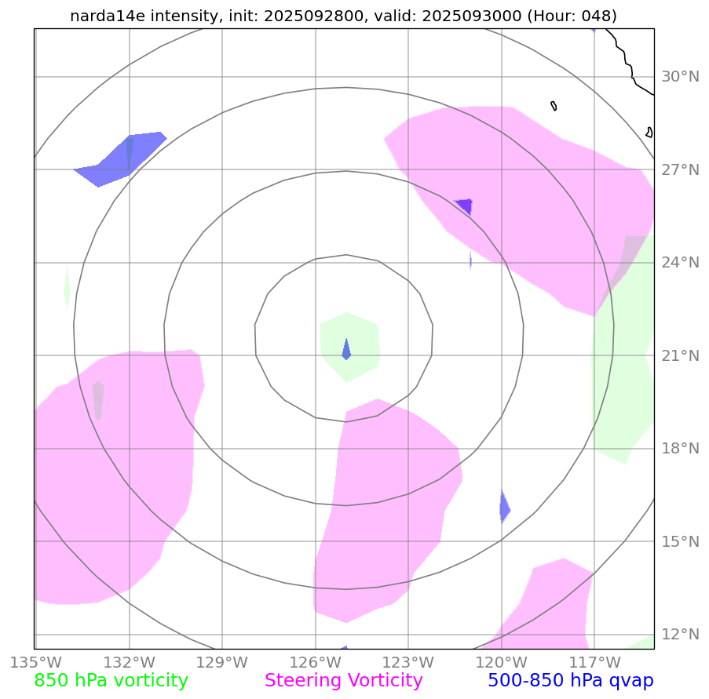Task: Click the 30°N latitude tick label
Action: click(680, 77)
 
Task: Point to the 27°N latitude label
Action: click(680, 169)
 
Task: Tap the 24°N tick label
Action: click(680, 263)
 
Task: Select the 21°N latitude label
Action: click(680, 356)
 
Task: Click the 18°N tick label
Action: click(680, 449)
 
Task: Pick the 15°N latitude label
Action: click(680, 542)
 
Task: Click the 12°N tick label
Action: click(680, 635)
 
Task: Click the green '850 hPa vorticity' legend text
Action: click(111, 680)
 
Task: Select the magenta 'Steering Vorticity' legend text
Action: click(344, 680)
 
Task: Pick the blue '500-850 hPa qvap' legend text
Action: click(570, 680)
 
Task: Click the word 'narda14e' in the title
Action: click(102, 16)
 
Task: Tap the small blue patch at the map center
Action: click(346, 350)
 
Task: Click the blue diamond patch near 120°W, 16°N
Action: click(505, 507)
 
